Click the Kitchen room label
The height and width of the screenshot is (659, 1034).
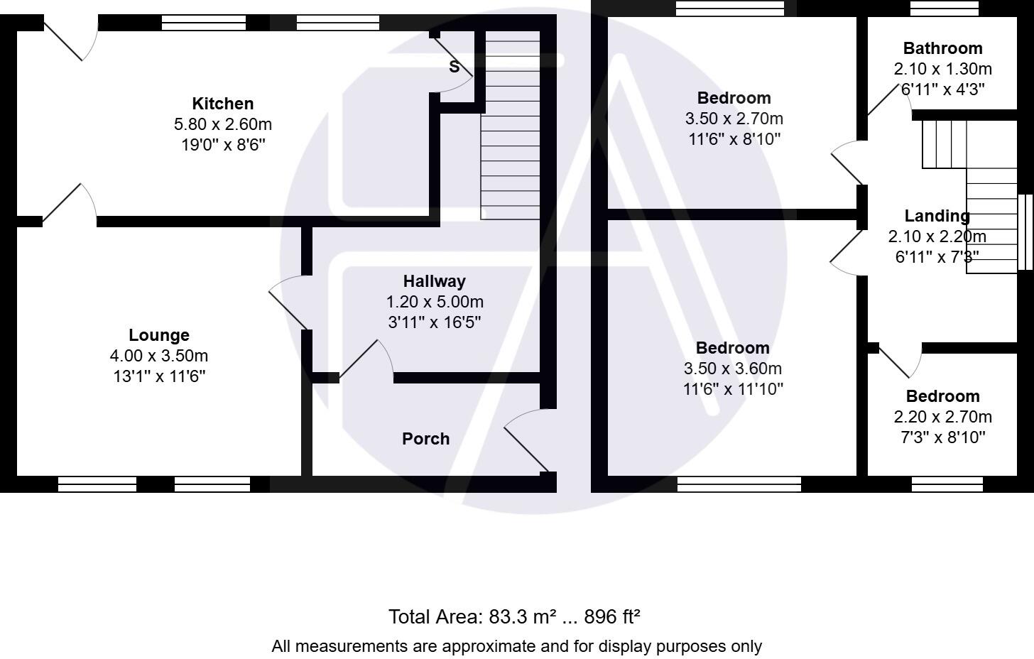pos(222,104)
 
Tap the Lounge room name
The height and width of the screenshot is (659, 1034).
pos(159,335)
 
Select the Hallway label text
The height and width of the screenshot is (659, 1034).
pos(434,281)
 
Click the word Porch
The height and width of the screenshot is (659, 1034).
pos(425,439)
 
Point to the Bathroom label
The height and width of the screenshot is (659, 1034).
pos(942,48)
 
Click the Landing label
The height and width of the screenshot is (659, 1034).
pos(937,216)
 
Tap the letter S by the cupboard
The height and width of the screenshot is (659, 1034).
pos(454,67)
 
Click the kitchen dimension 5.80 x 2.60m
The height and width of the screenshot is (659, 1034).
pos(222,124)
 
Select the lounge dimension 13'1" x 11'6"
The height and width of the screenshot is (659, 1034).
pos(159,376)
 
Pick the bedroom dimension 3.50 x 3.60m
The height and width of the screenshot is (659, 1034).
pos(732,369)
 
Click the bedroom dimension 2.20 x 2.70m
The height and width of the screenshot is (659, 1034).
pos(942,417)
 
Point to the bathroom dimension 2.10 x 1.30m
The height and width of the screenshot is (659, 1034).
pos(942,69)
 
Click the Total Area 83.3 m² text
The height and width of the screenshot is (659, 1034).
pos(514,616)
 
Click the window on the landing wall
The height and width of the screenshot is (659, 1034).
pos(1025,232)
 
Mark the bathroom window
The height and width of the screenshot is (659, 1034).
pos(944,8)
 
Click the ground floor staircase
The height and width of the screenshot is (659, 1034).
pos(511,128)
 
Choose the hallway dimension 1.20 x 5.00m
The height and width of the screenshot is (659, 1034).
pos(434,302)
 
